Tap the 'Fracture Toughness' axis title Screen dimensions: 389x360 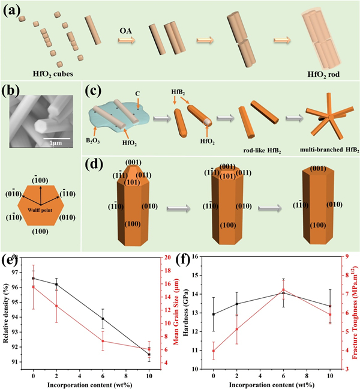click(349, 312)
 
